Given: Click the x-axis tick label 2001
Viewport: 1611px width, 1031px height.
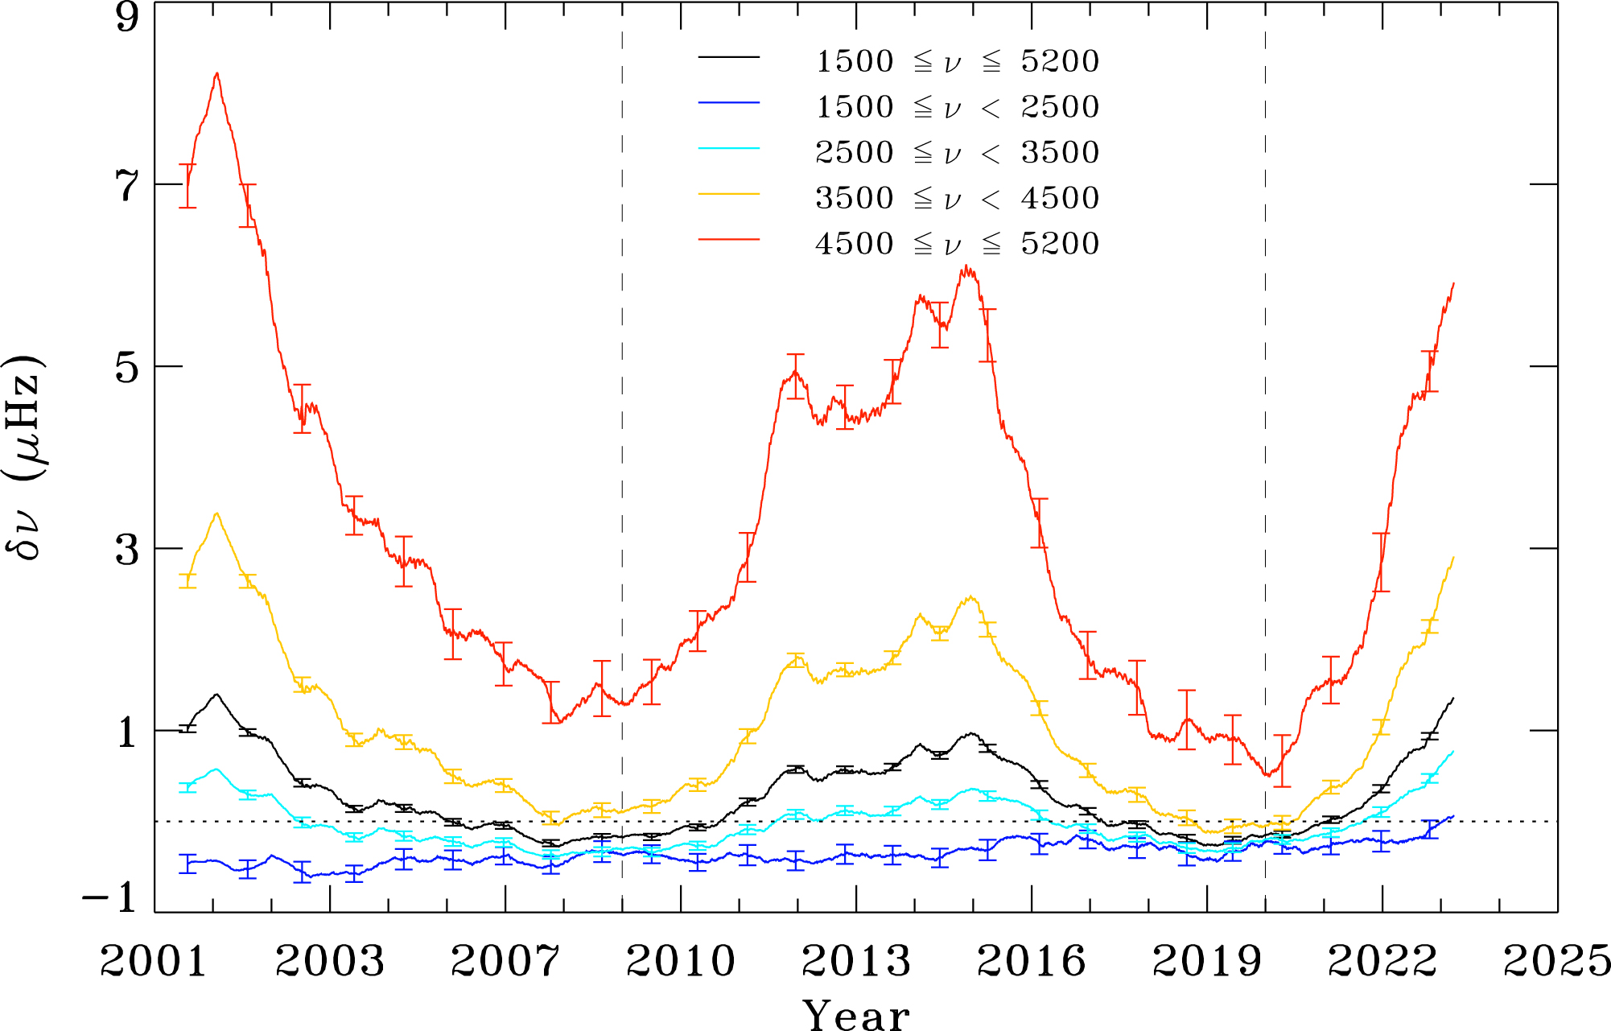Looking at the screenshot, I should pos(154,961).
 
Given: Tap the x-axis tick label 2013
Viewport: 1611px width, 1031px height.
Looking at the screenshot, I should pos(856,961).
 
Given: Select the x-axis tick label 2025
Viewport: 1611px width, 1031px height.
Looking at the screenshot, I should pos(1557,961).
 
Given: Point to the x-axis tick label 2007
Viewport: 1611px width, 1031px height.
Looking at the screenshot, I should pos(505,961).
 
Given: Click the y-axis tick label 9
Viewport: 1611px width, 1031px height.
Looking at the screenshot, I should pos(127,18).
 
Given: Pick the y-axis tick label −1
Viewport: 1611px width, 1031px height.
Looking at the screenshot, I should pos(110,897).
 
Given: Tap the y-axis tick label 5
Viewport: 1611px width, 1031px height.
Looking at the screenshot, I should pos(127,367).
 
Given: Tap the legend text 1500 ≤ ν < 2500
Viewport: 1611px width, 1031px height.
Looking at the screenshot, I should pos(957,106).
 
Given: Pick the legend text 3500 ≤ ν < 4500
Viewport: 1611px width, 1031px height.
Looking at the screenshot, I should pos(957,198).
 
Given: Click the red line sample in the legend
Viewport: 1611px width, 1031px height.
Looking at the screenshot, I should pos(728,240).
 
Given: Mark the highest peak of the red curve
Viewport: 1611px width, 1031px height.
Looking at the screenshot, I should pos(216,74).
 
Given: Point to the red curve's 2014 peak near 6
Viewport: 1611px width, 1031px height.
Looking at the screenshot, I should pos(966,267).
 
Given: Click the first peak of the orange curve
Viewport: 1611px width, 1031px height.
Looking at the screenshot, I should pos(216,513).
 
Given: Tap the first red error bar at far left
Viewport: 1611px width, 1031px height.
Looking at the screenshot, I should pos(187,186).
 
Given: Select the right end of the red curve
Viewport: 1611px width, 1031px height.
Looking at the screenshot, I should pos(1453,283).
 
